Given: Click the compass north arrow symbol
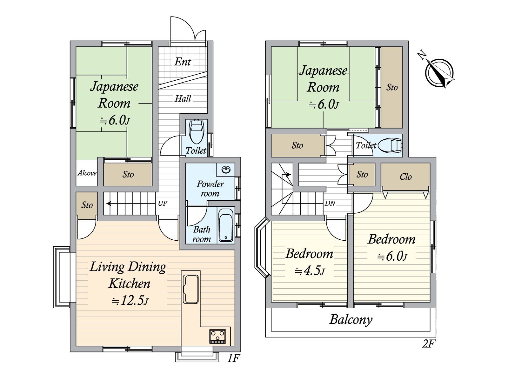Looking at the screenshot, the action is pos(439,72).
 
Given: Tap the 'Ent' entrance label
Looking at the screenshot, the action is pos(183,62).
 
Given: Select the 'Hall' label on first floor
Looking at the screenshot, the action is pos(183,98).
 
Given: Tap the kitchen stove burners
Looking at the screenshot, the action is pos(217,336).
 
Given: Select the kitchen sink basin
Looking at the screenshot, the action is pos(191,289).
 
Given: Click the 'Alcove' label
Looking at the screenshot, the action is pos(87,173).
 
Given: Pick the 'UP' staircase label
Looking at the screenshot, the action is pos(162,203).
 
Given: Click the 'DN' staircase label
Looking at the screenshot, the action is pos(330,203).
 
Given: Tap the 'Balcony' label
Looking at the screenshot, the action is pos(351,320).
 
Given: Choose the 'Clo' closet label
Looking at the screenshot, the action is pos(405,177).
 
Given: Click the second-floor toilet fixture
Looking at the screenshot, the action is pos(390,146).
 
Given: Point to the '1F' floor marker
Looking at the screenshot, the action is pos(233,358).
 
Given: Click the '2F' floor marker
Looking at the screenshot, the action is pos(429,344).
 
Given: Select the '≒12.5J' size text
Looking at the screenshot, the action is pos(130,301).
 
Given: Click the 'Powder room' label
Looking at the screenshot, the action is pos(210,189).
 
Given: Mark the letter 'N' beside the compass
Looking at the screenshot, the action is pos(422,56).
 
